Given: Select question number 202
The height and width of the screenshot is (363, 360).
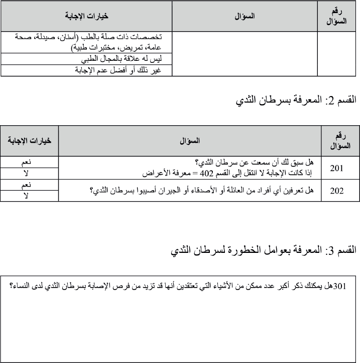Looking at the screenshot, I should [x=336, y=191].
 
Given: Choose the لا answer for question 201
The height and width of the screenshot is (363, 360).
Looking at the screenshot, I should [x=30, y=173].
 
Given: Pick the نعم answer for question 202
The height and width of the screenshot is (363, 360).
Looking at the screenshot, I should [x=30, y=185].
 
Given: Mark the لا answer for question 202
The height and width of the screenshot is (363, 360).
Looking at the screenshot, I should [x=30, y=197].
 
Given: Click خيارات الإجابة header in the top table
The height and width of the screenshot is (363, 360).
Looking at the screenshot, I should [x=86, y=16].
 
